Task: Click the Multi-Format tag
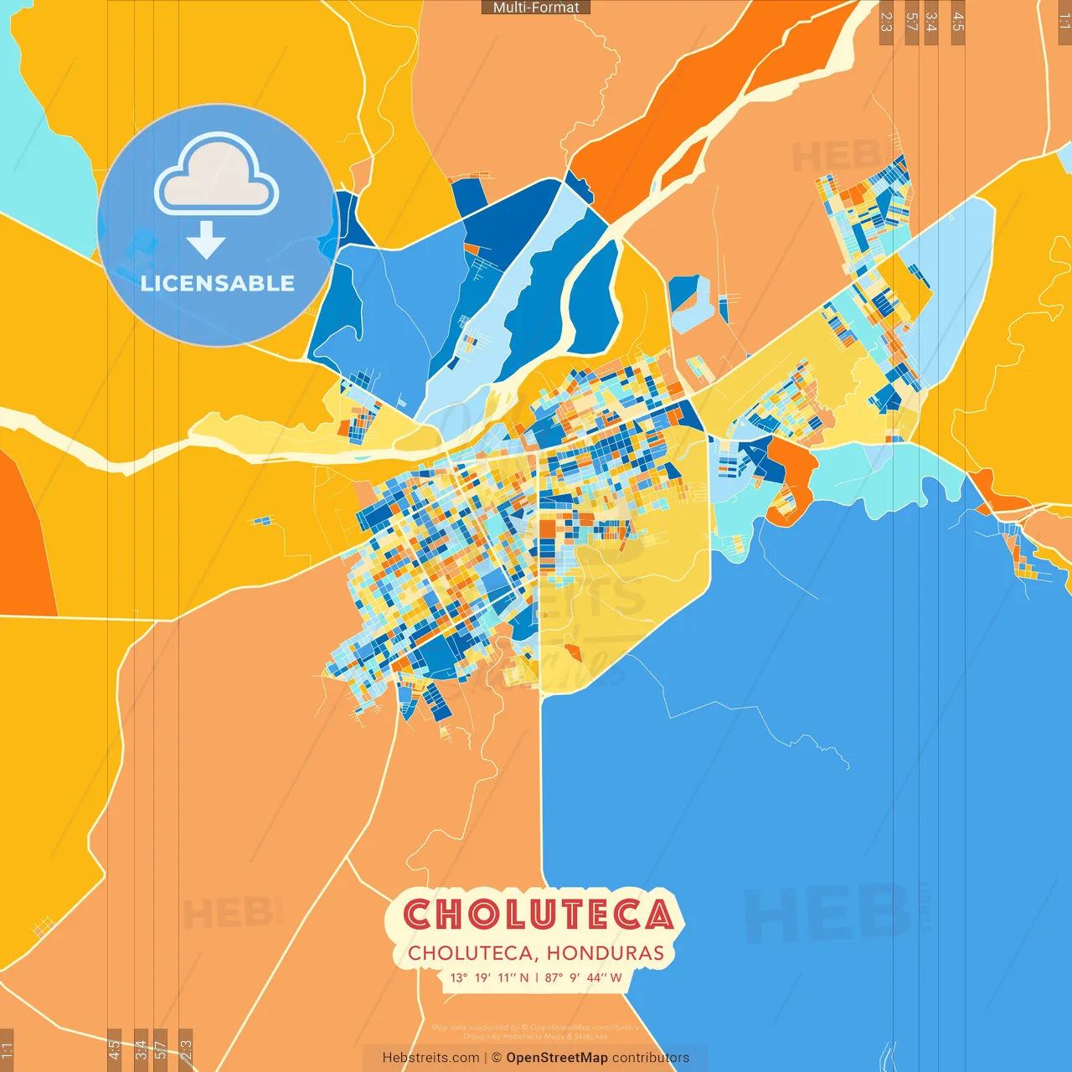[x=536, y=8]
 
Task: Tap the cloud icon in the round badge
[x=217, y=175]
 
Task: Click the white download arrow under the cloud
[x=206, y=239]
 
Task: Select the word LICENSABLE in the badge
[x=218, y=283]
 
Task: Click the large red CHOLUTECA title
[x=539, y=915]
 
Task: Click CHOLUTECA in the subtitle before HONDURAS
[x=470, y=953]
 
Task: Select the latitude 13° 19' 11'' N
[x=489, y=977]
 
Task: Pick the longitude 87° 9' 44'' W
[x=583, y=977]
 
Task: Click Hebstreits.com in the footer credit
[x=430, y=1058]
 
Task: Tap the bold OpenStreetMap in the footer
[x=556, y=1058]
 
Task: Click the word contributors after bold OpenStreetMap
[x=651, y=1058]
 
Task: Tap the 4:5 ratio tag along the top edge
[x=958, y=22]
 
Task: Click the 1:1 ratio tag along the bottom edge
[x=7, y=1049]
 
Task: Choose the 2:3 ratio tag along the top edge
[x=886, y=22]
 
